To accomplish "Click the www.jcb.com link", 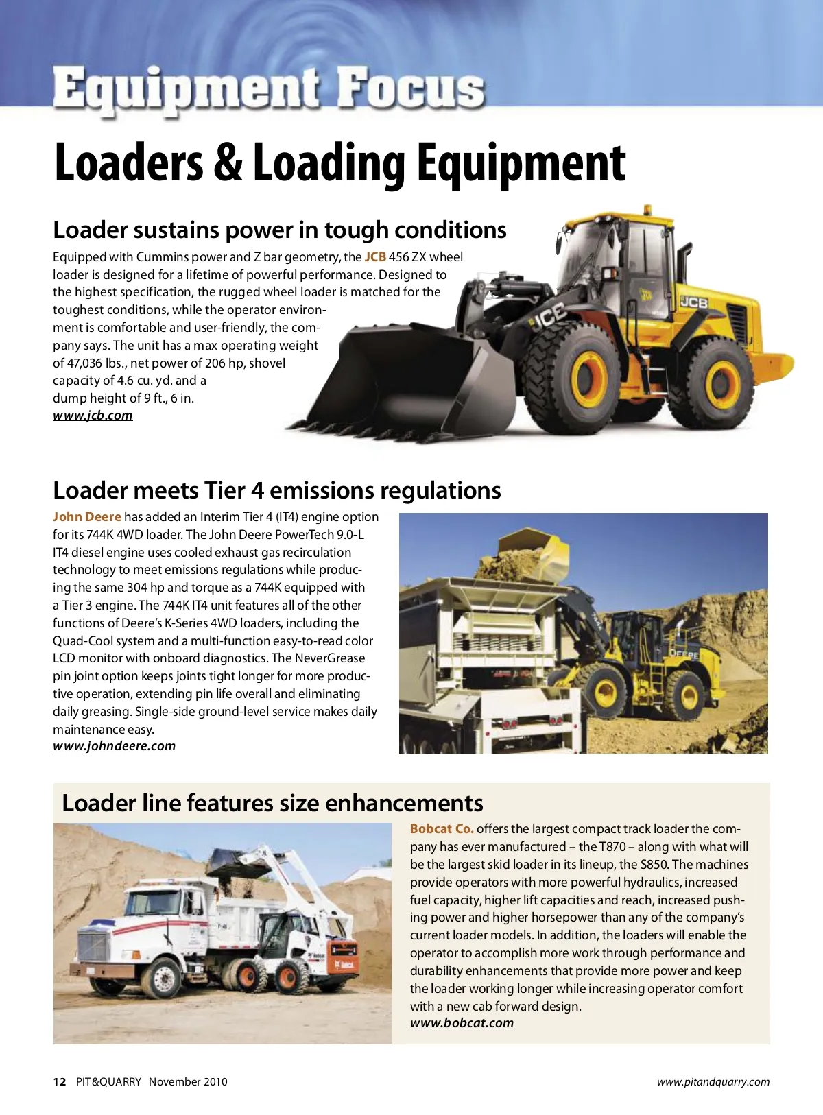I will [x=93, y=416].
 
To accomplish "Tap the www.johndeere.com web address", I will [x=114, y=746].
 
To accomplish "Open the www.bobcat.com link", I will [x=462, y=1023].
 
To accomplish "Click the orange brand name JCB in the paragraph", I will [x=375, y=257].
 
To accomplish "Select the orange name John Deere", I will [x=87, y=517].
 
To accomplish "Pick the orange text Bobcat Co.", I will [x=442, y=829].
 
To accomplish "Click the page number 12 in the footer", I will [x=60, y=1082].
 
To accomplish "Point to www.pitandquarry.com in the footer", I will [x=713, y=1082].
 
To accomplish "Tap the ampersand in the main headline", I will [x=228, y=163].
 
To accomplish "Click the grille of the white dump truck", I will [x=93, y=946].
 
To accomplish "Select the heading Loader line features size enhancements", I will [x=272, y=803].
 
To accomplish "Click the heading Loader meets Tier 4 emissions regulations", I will [x=276, y=490].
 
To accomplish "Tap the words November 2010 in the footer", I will [x=188, y=1082].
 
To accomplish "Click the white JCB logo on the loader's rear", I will [x=693, y=302].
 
